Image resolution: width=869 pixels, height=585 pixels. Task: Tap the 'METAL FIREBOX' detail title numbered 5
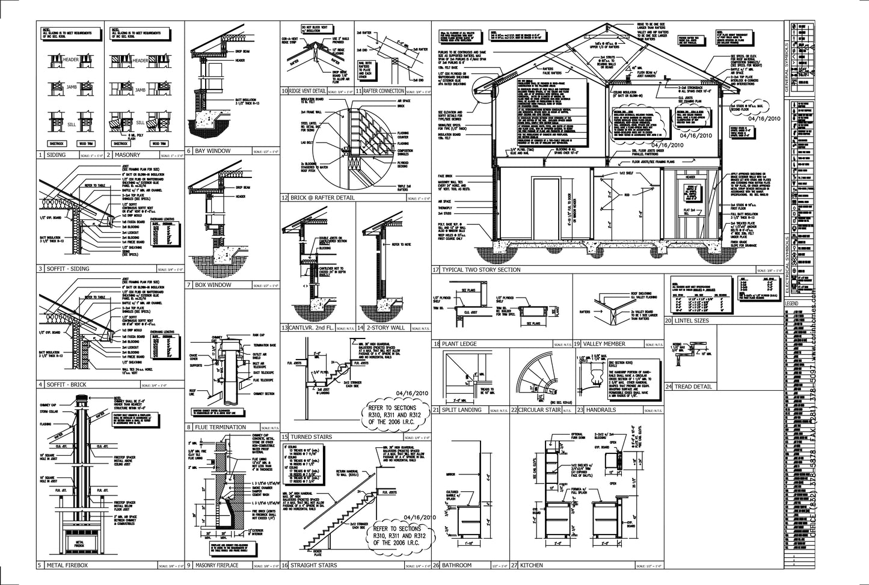(66, 565)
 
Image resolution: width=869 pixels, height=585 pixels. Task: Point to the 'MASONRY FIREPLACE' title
(216, 565)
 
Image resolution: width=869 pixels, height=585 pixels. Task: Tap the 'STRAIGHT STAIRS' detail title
(313, 565)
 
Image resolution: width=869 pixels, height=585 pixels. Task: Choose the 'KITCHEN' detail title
(531, 565)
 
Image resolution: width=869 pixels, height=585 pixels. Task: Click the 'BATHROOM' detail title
(456, 565)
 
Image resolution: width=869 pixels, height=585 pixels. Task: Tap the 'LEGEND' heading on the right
(792, 304)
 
